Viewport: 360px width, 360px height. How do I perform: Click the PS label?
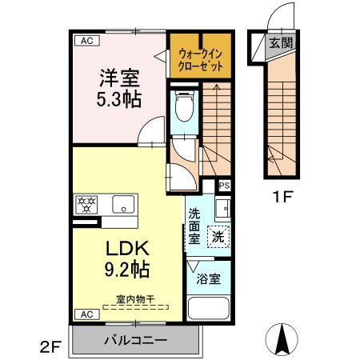(x=224, y=186)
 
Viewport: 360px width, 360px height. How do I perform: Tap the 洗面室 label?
(x=195, y=226)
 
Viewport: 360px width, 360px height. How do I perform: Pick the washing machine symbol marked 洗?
(x=218, y=236)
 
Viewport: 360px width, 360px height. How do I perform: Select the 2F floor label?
(x=51, y=346)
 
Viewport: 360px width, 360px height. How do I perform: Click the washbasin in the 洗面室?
(x=224, y=210)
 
